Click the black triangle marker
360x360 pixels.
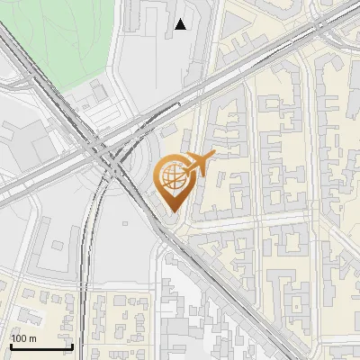pyautogui.click(x=181, y=24)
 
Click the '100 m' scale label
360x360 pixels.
pyautogui.click(x=23, y=338)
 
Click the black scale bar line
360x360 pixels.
pyautogui.click(x=41, y=346)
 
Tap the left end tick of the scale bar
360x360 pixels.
pyautogui.click(x=12, y=345)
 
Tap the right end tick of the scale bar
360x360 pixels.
pyautogui.click(x=72, y=345)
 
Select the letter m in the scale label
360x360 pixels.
pyautogui.click(x=32, y=338)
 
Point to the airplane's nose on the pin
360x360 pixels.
pyautogui.click(x=213, y=156)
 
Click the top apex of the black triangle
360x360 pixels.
pyautogui.click(x=181, y=19)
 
